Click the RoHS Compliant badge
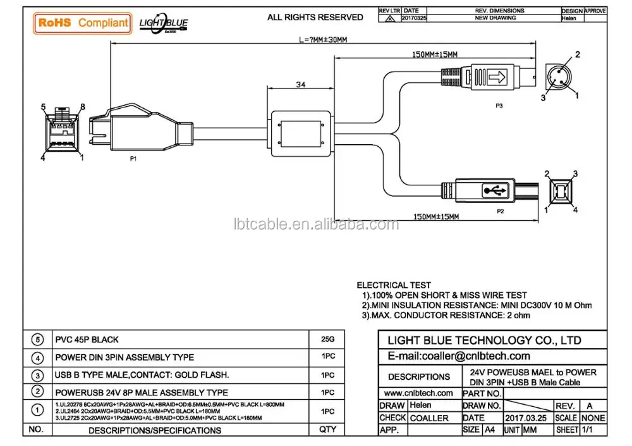83,23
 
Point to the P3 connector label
499,106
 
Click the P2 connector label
500,210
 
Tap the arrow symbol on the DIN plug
499,78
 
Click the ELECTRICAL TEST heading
394,285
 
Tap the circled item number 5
37,340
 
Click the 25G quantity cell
328,340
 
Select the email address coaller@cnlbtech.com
458,356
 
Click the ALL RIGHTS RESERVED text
315,17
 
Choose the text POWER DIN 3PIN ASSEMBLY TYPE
125,357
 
